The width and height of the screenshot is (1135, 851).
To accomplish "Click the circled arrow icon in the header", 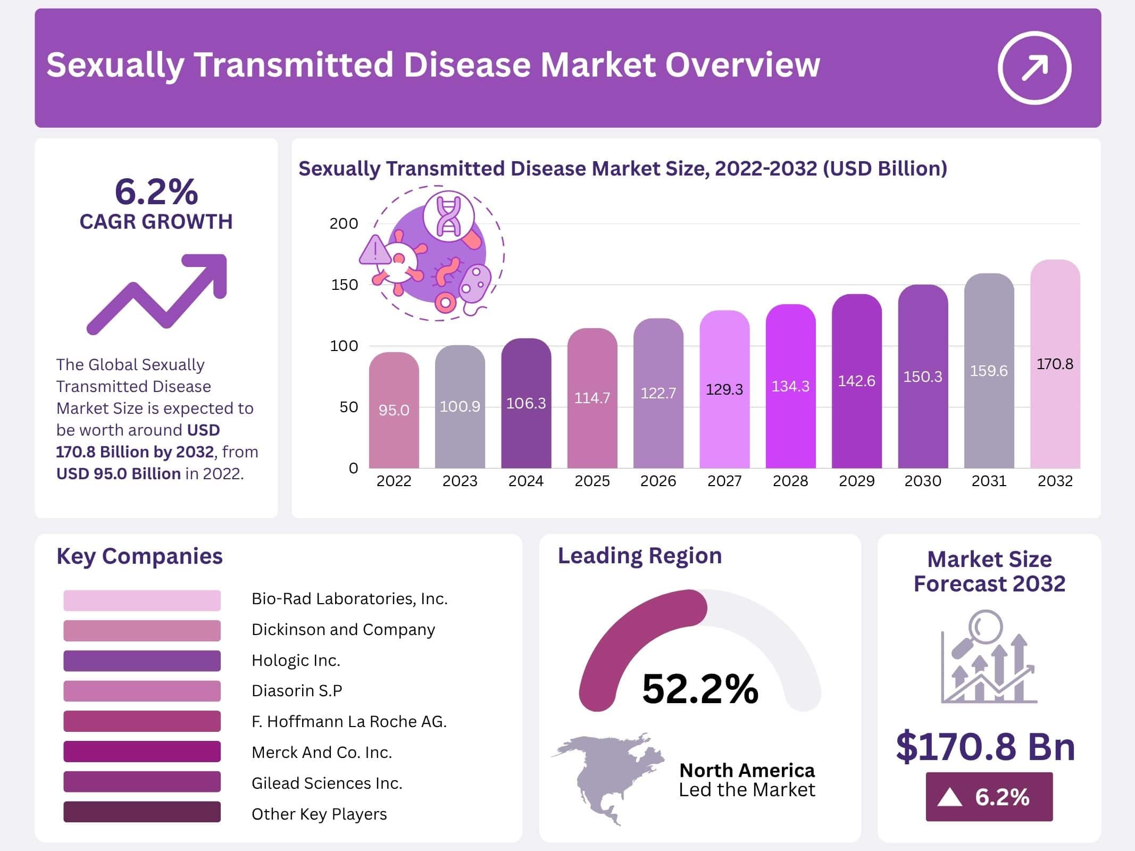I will tap(1034, 68).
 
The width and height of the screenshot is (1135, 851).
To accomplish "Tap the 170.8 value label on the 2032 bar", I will tap(1055, 364).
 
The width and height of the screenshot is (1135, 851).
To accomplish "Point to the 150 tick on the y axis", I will tap(345, 285).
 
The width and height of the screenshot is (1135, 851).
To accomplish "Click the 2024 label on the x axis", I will tap(525, 481).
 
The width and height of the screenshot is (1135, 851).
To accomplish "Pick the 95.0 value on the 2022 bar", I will tap(394, 410).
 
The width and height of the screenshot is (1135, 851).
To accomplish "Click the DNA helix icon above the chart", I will tap(449, 216).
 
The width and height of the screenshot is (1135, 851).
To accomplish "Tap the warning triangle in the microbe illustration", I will tap(376, 250).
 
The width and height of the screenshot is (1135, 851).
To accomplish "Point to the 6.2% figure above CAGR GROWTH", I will tap(156, 191).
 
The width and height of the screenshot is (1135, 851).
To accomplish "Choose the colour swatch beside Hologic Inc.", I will tap(141, 661).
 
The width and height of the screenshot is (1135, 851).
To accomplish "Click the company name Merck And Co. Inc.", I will tap(322, 752).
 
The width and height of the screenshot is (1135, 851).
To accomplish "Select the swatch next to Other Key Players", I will tap(141, 812).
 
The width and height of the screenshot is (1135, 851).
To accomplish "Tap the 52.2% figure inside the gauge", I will tap(700, 689).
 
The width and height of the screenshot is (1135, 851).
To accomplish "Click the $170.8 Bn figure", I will tap(986, 746).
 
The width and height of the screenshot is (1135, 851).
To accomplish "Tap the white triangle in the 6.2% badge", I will tap(950, 798).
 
